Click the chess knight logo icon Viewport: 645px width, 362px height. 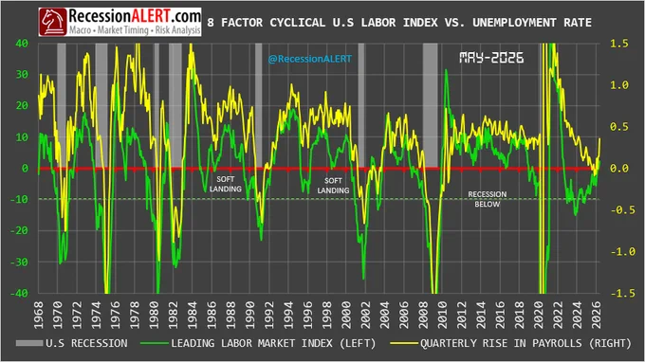tap(53, 22)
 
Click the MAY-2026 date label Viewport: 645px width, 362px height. tap(491, 58)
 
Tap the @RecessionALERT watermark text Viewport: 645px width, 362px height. tap(310, 59)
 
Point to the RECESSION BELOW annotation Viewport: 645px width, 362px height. tap(488, 199)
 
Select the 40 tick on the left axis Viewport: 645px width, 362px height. tap(22, 44)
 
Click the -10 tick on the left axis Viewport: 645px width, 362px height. tap(19, 199)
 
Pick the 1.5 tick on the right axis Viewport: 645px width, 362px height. tap(619, 44)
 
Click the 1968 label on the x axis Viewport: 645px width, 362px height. tap(39, 316)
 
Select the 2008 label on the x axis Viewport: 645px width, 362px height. tap(423, 316)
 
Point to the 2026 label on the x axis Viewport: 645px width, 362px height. tap(597, 316)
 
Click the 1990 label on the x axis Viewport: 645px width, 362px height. tap(250, 316)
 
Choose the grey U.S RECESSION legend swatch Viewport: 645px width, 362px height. tap(29, 343)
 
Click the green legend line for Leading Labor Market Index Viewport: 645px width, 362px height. tap(155, 343)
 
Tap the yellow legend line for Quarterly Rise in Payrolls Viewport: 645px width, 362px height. tap(404, 343)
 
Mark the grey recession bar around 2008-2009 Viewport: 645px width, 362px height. tap(431, 105)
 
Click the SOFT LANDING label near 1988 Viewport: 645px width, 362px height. tap(226, 184)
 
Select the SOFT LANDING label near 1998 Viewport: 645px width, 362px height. tap(333, 186)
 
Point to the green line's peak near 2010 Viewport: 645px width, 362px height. tap(446, 70)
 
